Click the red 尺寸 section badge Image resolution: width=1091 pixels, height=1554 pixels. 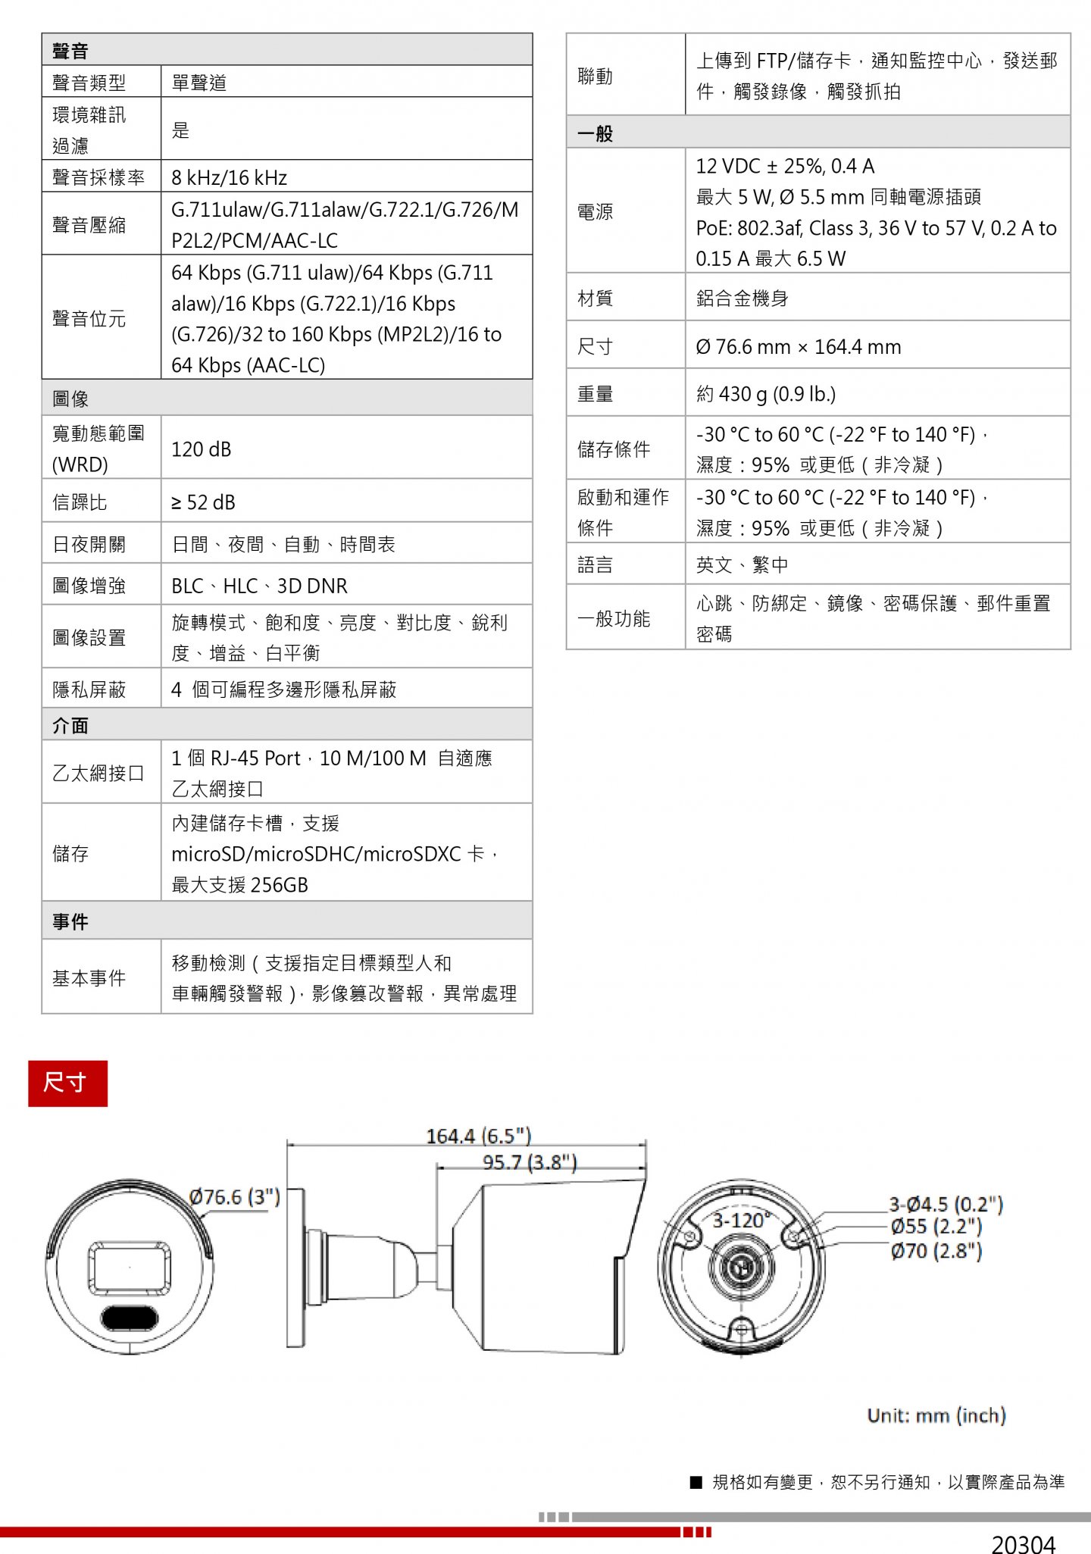pos(67,1083)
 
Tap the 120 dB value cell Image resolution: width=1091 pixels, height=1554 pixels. pos(202,449)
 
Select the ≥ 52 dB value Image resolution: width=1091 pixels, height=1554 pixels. pos(203,502)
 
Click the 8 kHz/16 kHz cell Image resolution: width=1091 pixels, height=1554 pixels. pos(229,177)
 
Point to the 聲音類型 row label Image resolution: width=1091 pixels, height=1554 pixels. pos(89,82)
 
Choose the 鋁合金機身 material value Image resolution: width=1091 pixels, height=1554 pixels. pos(742,298)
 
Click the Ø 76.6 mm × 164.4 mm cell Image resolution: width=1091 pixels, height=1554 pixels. pos(798,346)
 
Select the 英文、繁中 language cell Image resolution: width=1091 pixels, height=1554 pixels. pos(742,564)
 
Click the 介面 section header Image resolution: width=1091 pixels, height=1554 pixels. pos(70,725)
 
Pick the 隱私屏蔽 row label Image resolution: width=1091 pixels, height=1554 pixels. pos(89,689)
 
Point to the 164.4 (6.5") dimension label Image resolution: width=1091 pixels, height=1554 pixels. pos(478,1136)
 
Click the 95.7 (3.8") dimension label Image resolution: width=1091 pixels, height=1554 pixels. pos(530,1162)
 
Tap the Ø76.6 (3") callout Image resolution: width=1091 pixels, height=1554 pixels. pos(234,1196)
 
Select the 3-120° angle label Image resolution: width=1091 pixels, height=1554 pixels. pos(741,1220)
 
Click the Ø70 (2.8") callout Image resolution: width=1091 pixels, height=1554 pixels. pos(936,1251)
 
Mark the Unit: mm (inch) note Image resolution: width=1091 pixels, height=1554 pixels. pos(936,1415)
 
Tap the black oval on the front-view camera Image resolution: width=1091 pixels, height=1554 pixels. pos(130,1318)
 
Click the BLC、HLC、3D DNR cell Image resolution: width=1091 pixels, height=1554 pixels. pos(259,586)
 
